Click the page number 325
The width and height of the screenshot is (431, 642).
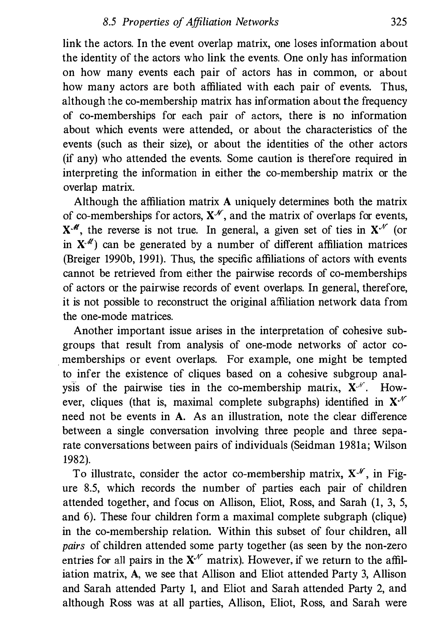point(398,22)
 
